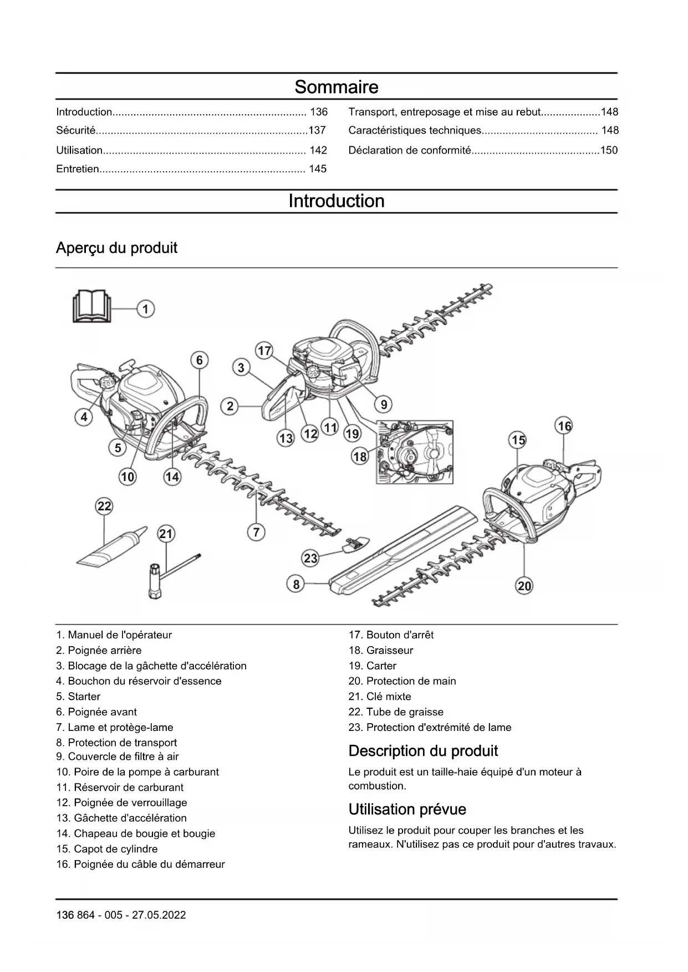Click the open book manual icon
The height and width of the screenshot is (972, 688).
click(x=91, y=306)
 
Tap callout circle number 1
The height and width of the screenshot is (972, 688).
click(x=146, y=309)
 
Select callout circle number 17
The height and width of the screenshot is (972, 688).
click(x=264, y=351)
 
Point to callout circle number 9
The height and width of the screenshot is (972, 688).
click(x=384, y=405)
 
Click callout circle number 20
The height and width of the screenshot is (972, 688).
click(x=524, y=586)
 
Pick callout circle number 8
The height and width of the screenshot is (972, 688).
click(x=296, y=584)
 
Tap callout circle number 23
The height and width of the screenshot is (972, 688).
click(x=310, y=558)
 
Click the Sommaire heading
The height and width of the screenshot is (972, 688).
click(x=336, y=87)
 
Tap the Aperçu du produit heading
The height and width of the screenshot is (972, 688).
click(x=116, y=248)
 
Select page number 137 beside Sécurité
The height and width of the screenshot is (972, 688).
click(x=317, y=130)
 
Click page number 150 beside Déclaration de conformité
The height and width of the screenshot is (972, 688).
click(x=609, y=150)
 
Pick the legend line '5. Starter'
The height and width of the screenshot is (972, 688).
click(x=78, y=697)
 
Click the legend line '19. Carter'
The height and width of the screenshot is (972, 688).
click(x=373, y=666)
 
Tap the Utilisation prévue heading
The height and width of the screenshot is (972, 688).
click(x=407, y=810)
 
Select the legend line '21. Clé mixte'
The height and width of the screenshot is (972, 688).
click(x=380, y=697)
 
